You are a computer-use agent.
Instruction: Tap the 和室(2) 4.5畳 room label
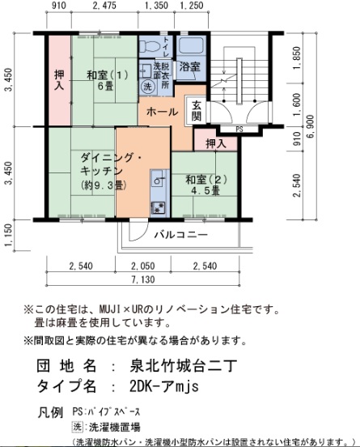click(x=204, y=185)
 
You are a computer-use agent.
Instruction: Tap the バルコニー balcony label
click(x=181, y=234)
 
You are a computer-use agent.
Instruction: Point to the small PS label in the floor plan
click(x=239, y=128)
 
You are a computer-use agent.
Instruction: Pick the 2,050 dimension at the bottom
click(x=142, y=266)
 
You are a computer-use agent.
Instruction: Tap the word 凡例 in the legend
click(x=51, y=411)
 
